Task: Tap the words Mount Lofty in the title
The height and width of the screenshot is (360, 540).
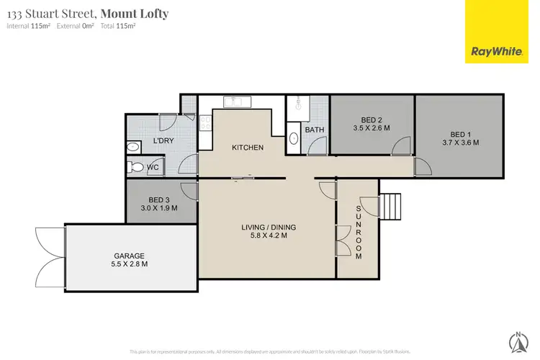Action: (135, 13)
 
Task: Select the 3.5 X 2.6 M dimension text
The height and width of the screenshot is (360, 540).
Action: (367, 127)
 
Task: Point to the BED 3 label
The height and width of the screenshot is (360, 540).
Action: (158, 199)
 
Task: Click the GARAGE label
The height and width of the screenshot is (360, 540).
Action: (129, 256)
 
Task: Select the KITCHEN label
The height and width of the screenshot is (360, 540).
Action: (247, 148)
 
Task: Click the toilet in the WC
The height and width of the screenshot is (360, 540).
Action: (135, 168)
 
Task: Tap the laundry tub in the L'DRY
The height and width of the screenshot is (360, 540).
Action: (132, 147)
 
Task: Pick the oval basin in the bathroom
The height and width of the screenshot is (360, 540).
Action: (293, 138)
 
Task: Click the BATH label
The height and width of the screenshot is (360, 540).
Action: (314, 130)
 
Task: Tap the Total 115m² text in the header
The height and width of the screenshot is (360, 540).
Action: (120, 26)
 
